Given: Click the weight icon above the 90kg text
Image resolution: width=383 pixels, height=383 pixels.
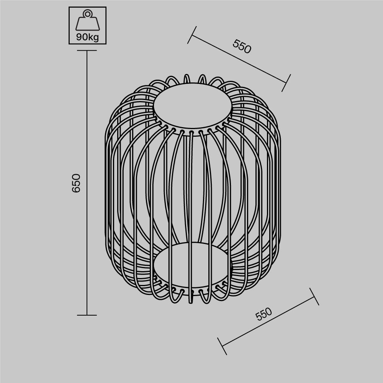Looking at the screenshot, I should tap(88, 22).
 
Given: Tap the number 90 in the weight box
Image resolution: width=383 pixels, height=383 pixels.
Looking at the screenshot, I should tap(82, 38).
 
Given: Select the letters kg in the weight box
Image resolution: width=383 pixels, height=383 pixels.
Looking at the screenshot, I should tap(93, 38).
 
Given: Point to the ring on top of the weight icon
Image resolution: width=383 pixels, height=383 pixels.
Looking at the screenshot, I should tap(88, 14).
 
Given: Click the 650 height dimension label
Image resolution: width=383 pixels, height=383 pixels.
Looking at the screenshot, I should tap(77, 183).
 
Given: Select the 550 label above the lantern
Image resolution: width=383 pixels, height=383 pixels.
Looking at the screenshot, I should tap(242, 46).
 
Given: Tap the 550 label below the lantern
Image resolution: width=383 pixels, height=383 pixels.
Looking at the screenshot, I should tap(264, 314).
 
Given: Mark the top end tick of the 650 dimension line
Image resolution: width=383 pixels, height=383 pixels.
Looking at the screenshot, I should tap(87, 51).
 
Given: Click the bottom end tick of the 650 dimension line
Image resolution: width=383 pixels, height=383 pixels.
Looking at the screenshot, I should tap(87, 315).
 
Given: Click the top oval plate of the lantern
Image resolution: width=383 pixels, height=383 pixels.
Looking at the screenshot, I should tap(193, 106).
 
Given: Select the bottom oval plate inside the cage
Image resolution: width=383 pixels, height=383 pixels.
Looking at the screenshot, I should tap(193, 265).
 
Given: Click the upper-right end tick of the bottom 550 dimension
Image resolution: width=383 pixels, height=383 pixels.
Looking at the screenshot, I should tap(314, 296).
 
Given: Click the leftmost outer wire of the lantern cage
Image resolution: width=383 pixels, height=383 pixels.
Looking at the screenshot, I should tap(106, 184).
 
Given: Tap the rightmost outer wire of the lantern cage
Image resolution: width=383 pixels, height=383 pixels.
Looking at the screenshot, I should tap(280, 184).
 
